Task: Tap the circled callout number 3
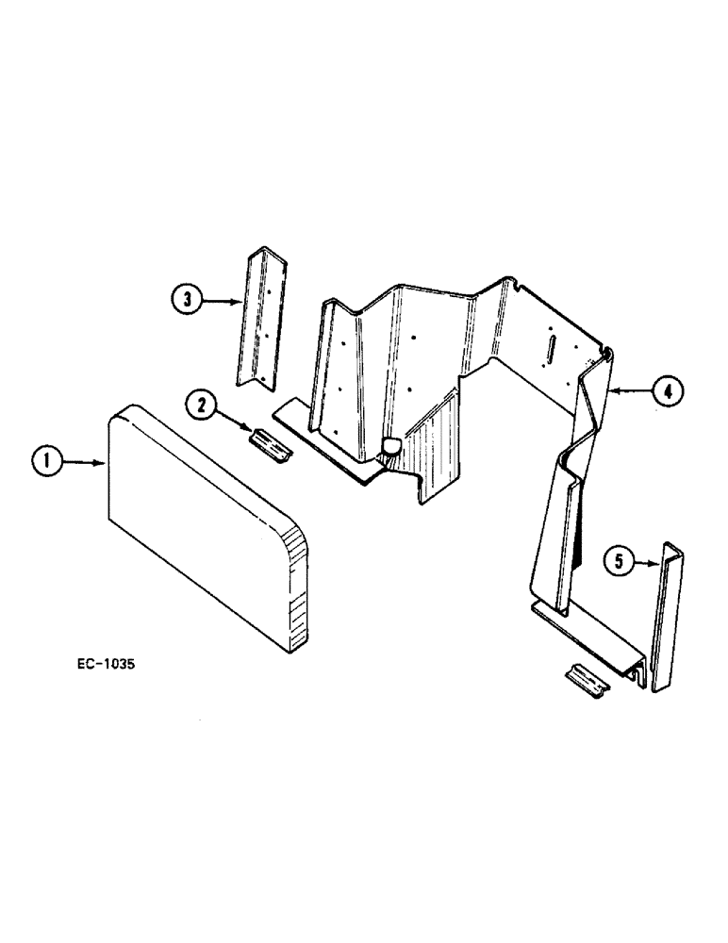click(188, 300)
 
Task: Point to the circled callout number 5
click(619, 564)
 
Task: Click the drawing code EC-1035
click(107, 663)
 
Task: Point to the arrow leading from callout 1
click(85, 462)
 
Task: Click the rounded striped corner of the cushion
click(297, 585)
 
